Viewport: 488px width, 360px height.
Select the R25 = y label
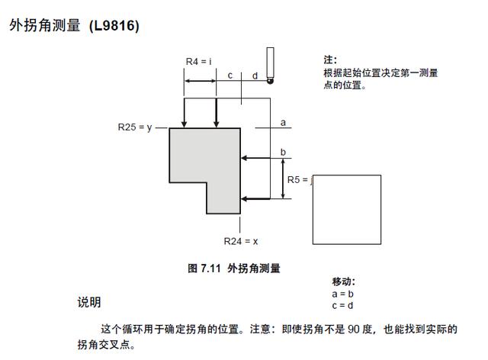[x=135, y=127]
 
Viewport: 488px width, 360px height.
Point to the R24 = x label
[x=241, y=241]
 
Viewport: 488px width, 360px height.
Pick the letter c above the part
[x=230, y=75]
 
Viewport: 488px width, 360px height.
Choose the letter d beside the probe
[x=255, y=76]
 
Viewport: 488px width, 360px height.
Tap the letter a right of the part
[x=283, y=122]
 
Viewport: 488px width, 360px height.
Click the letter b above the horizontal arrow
[x=283, y=153]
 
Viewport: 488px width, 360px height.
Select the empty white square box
[x=346, y=210]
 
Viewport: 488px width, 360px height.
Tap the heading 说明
[x=88, y=303]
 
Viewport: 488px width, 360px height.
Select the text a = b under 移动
[x=343, y=294]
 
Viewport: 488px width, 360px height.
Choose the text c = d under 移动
[x=343, y=305]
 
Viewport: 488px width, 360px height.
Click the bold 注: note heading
[x=330, y=59]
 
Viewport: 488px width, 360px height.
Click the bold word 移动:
[x=344, y=281]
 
